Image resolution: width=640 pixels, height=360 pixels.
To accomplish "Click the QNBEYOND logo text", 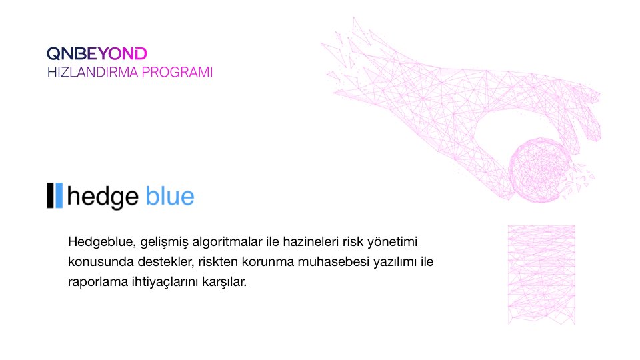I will click(x=97, y=53).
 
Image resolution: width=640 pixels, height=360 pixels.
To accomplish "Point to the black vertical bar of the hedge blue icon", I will click(x=50, y=195).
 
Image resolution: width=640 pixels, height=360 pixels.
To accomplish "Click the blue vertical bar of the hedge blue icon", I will click(x=59, y=195).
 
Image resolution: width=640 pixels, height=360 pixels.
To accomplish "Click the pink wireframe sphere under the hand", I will click(x=538, y=168).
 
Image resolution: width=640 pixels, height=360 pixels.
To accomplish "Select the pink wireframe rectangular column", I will click(x=541, y=274).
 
